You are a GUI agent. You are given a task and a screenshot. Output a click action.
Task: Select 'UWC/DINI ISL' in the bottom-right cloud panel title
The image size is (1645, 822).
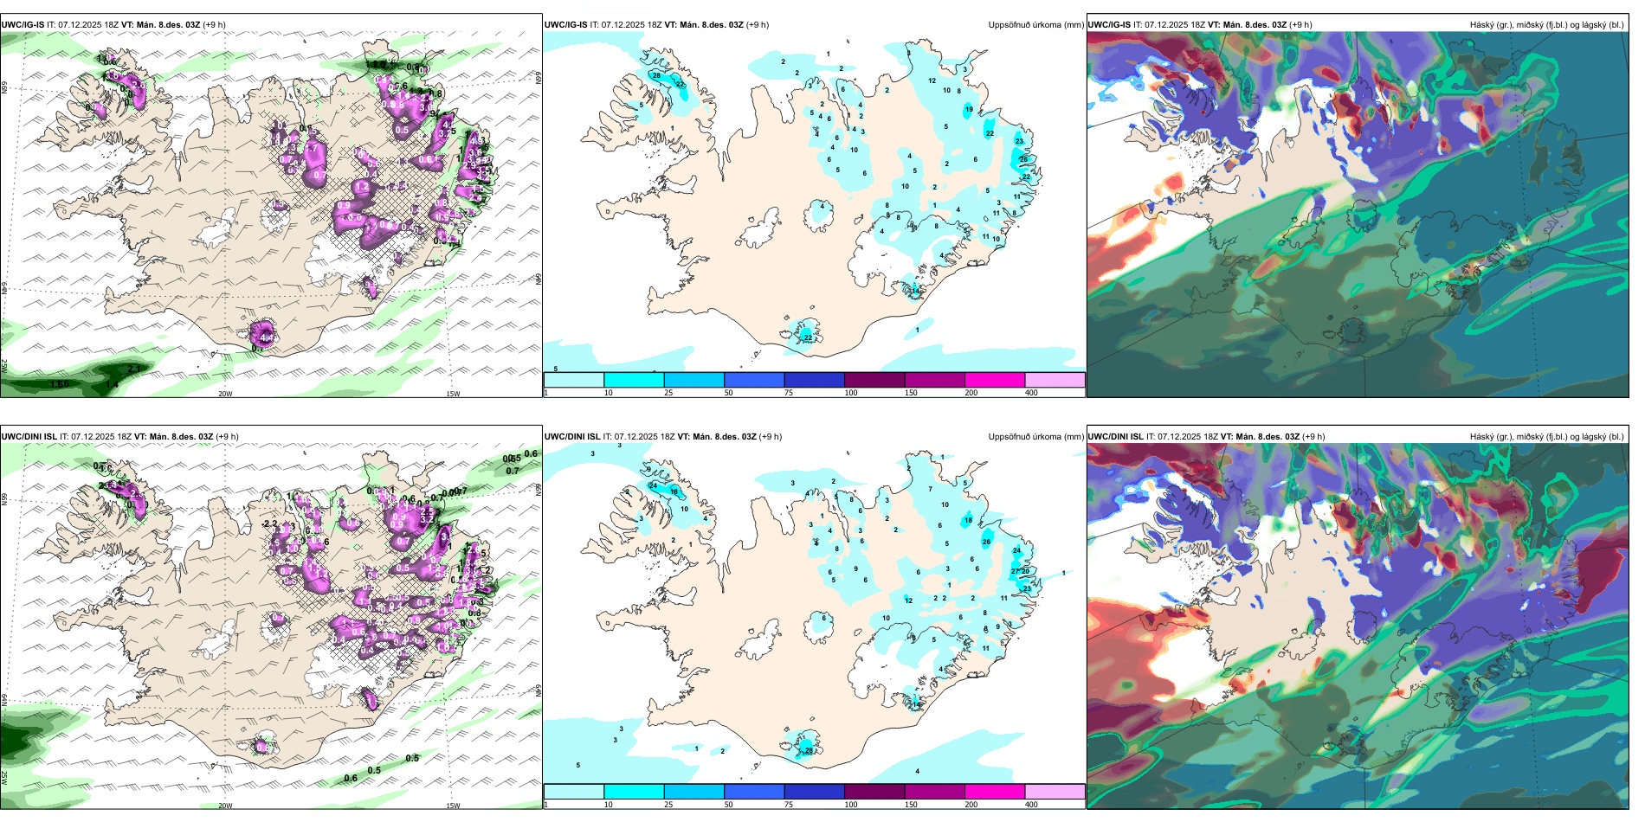pyautogui.click(x=1115, y=437)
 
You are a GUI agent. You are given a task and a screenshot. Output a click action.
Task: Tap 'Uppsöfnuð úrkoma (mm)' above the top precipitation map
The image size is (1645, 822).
pyautogui.click(x=1035, y=25)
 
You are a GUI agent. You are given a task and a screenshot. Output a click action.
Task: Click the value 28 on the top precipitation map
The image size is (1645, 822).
pyautogui.click(x=656, y=76)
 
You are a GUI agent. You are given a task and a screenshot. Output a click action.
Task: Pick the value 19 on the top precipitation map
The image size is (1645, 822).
pyautogui.click(x=969, y=110)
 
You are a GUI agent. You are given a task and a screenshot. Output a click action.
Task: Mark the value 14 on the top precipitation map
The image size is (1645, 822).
pyautogui.click(x=915, y=292)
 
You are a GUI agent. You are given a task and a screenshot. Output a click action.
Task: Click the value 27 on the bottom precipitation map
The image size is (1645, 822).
pyautogui.click(x=1015, y=572)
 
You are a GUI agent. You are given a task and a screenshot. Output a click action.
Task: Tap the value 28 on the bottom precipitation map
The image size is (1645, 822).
pyautogui.click(x=809, y=750)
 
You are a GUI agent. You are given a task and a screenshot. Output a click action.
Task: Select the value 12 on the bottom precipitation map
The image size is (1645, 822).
pyautogui.click(x=908, y=600)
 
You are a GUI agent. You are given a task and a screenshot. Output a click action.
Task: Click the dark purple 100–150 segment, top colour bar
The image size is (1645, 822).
pyautogui.click(x=874, y=380)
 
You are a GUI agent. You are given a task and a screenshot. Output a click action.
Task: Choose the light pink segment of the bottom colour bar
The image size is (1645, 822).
pyautogui.click(x=1055, y=792)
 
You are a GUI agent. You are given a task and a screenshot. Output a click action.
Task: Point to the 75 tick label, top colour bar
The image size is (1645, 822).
pyautogui.click(x=789, y=393)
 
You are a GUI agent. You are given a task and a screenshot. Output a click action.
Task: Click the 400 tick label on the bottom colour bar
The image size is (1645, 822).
pyautogui.click(x=1031, y=805)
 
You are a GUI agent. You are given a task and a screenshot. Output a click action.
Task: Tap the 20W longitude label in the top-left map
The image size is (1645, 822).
pyautogui.click(x=225, y=394)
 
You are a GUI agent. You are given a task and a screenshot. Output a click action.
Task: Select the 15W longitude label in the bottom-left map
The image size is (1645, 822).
pyautogui.click(x=453, y=806)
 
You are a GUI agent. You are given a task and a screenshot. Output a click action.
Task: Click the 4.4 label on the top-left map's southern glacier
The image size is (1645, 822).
pyautogui.click(x=265, y=337)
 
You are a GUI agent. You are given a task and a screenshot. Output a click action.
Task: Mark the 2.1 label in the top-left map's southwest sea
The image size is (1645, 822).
pyautogui.click(x=133, y=369)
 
